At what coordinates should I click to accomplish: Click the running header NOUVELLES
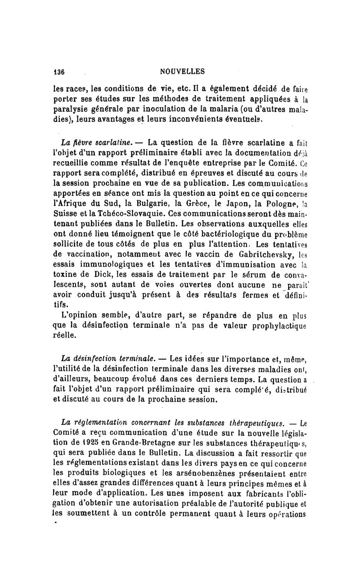(x=183, y=71)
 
